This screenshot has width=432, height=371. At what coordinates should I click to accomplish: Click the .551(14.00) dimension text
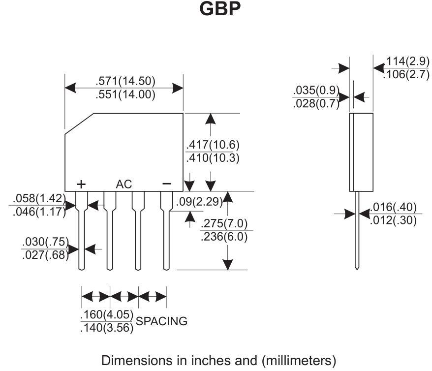[125, 94]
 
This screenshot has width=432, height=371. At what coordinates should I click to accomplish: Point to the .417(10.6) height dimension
[213, 145]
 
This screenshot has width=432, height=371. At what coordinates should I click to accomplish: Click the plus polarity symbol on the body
[81, 184]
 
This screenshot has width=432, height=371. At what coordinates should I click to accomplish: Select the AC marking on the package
[124, 185]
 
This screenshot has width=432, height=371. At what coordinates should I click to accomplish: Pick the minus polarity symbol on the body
[167, 184]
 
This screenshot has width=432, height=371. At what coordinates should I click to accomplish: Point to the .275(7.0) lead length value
[224, 223]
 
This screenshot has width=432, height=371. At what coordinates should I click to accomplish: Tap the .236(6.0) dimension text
[224, 237]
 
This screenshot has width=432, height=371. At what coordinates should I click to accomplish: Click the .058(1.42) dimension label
[40, 199]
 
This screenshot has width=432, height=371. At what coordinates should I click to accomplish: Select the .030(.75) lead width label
[45, 242]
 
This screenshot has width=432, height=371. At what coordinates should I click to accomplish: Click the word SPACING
[161, 321]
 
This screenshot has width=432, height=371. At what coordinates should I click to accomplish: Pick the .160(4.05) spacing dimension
[106, 314]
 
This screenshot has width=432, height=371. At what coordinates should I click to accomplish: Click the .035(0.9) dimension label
[316, 91]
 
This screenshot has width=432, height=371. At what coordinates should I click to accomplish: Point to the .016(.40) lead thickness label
[393, 207]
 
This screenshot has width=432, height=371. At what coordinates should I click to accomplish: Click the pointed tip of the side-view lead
[357, 268]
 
